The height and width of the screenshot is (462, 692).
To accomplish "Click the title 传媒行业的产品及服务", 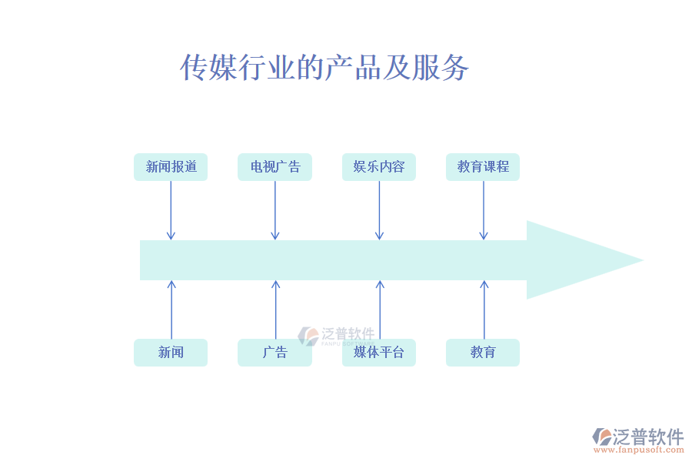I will [x=324, y=69].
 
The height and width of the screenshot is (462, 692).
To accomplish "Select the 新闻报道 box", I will [x=171, y=167].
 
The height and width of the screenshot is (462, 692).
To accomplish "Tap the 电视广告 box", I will [x=274, y=167].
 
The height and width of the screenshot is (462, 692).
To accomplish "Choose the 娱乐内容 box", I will [x=379, y=167].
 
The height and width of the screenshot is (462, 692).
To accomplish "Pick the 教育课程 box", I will [x=483, y=167].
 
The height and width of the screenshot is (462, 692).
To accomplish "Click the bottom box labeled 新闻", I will [x=171, y=353].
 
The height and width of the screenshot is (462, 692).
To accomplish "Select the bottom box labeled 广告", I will [x=274, y=353].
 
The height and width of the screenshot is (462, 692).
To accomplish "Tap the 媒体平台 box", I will [x=379, y=353].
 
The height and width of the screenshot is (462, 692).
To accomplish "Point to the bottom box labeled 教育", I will [x=483, y=353].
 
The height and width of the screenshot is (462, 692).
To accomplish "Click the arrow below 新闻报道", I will [x=171, y=210].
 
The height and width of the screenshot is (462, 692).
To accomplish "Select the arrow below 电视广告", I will [x=274, y=210].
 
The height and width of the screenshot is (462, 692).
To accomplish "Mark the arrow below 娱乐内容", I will [x=379, y=210].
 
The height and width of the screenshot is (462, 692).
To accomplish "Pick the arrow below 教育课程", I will [x=483, y=210].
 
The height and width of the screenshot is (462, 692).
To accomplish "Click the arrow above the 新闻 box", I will [x=171, y=310].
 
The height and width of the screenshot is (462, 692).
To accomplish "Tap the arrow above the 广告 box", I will [x=274, y=310].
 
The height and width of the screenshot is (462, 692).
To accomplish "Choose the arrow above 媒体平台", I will [x=379, y=310].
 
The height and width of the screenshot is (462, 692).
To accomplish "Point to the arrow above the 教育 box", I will [x=483, y=310].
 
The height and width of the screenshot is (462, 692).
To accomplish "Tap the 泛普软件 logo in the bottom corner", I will [x=638, y=437].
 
